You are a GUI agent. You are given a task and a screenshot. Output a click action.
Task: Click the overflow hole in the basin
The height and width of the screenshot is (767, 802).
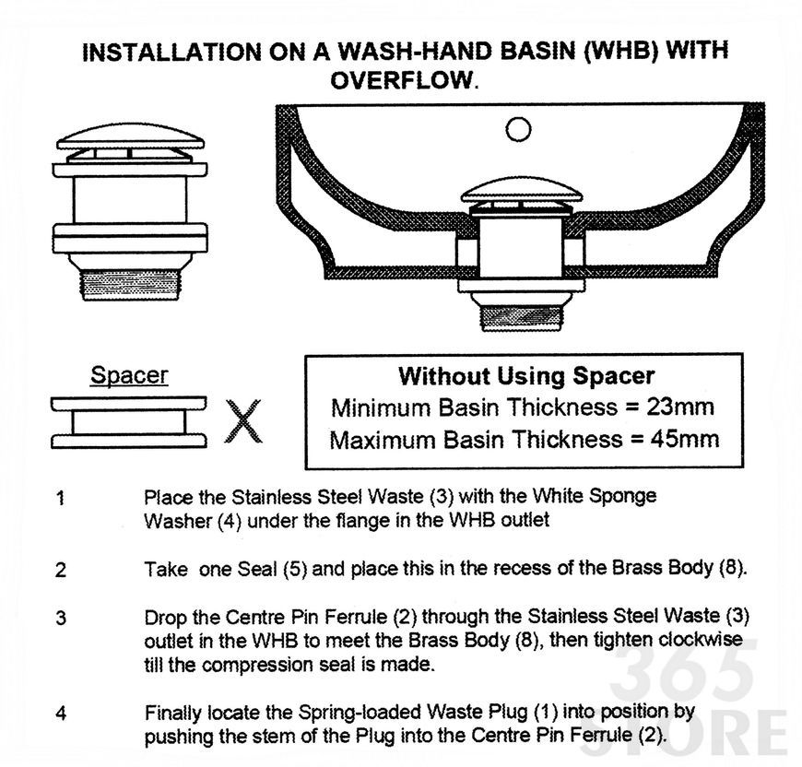(x=518, y=129)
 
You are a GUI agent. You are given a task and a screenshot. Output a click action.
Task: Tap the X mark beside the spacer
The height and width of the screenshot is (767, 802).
(x=243, y=421)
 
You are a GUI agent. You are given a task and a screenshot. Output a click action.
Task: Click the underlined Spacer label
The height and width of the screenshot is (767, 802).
(x=129, y=375)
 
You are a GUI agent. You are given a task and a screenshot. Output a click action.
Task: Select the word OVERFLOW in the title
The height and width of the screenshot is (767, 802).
(x=401, y=80)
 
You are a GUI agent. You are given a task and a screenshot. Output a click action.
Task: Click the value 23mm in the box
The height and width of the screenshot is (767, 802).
(x=679, y=407)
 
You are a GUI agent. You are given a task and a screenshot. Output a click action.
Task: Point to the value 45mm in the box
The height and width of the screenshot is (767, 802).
(x=684, y=439)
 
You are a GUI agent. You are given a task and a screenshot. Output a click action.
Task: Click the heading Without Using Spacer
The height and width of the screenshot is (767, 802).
(x=526, y=376)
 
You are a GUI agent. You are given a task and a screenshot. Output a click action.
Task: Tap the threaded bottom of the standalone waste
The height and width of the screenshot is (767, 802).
(x=130, y=285)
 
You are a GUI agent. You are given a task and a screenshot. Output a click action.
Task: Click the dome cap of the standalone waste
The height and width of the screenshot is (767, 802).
(x=130, y=136)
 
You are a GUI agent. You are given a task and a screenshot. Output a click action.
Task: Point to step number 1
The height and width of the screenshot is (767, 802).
(x=61, y=498)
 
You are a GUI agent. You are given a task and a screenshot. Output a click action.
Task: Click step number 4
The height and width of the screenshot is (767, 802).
(x=61, y=713)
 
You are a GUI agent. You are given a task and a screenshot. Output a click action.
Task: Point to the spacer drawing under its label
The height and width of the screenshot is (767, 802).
(x=129, y=422)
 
